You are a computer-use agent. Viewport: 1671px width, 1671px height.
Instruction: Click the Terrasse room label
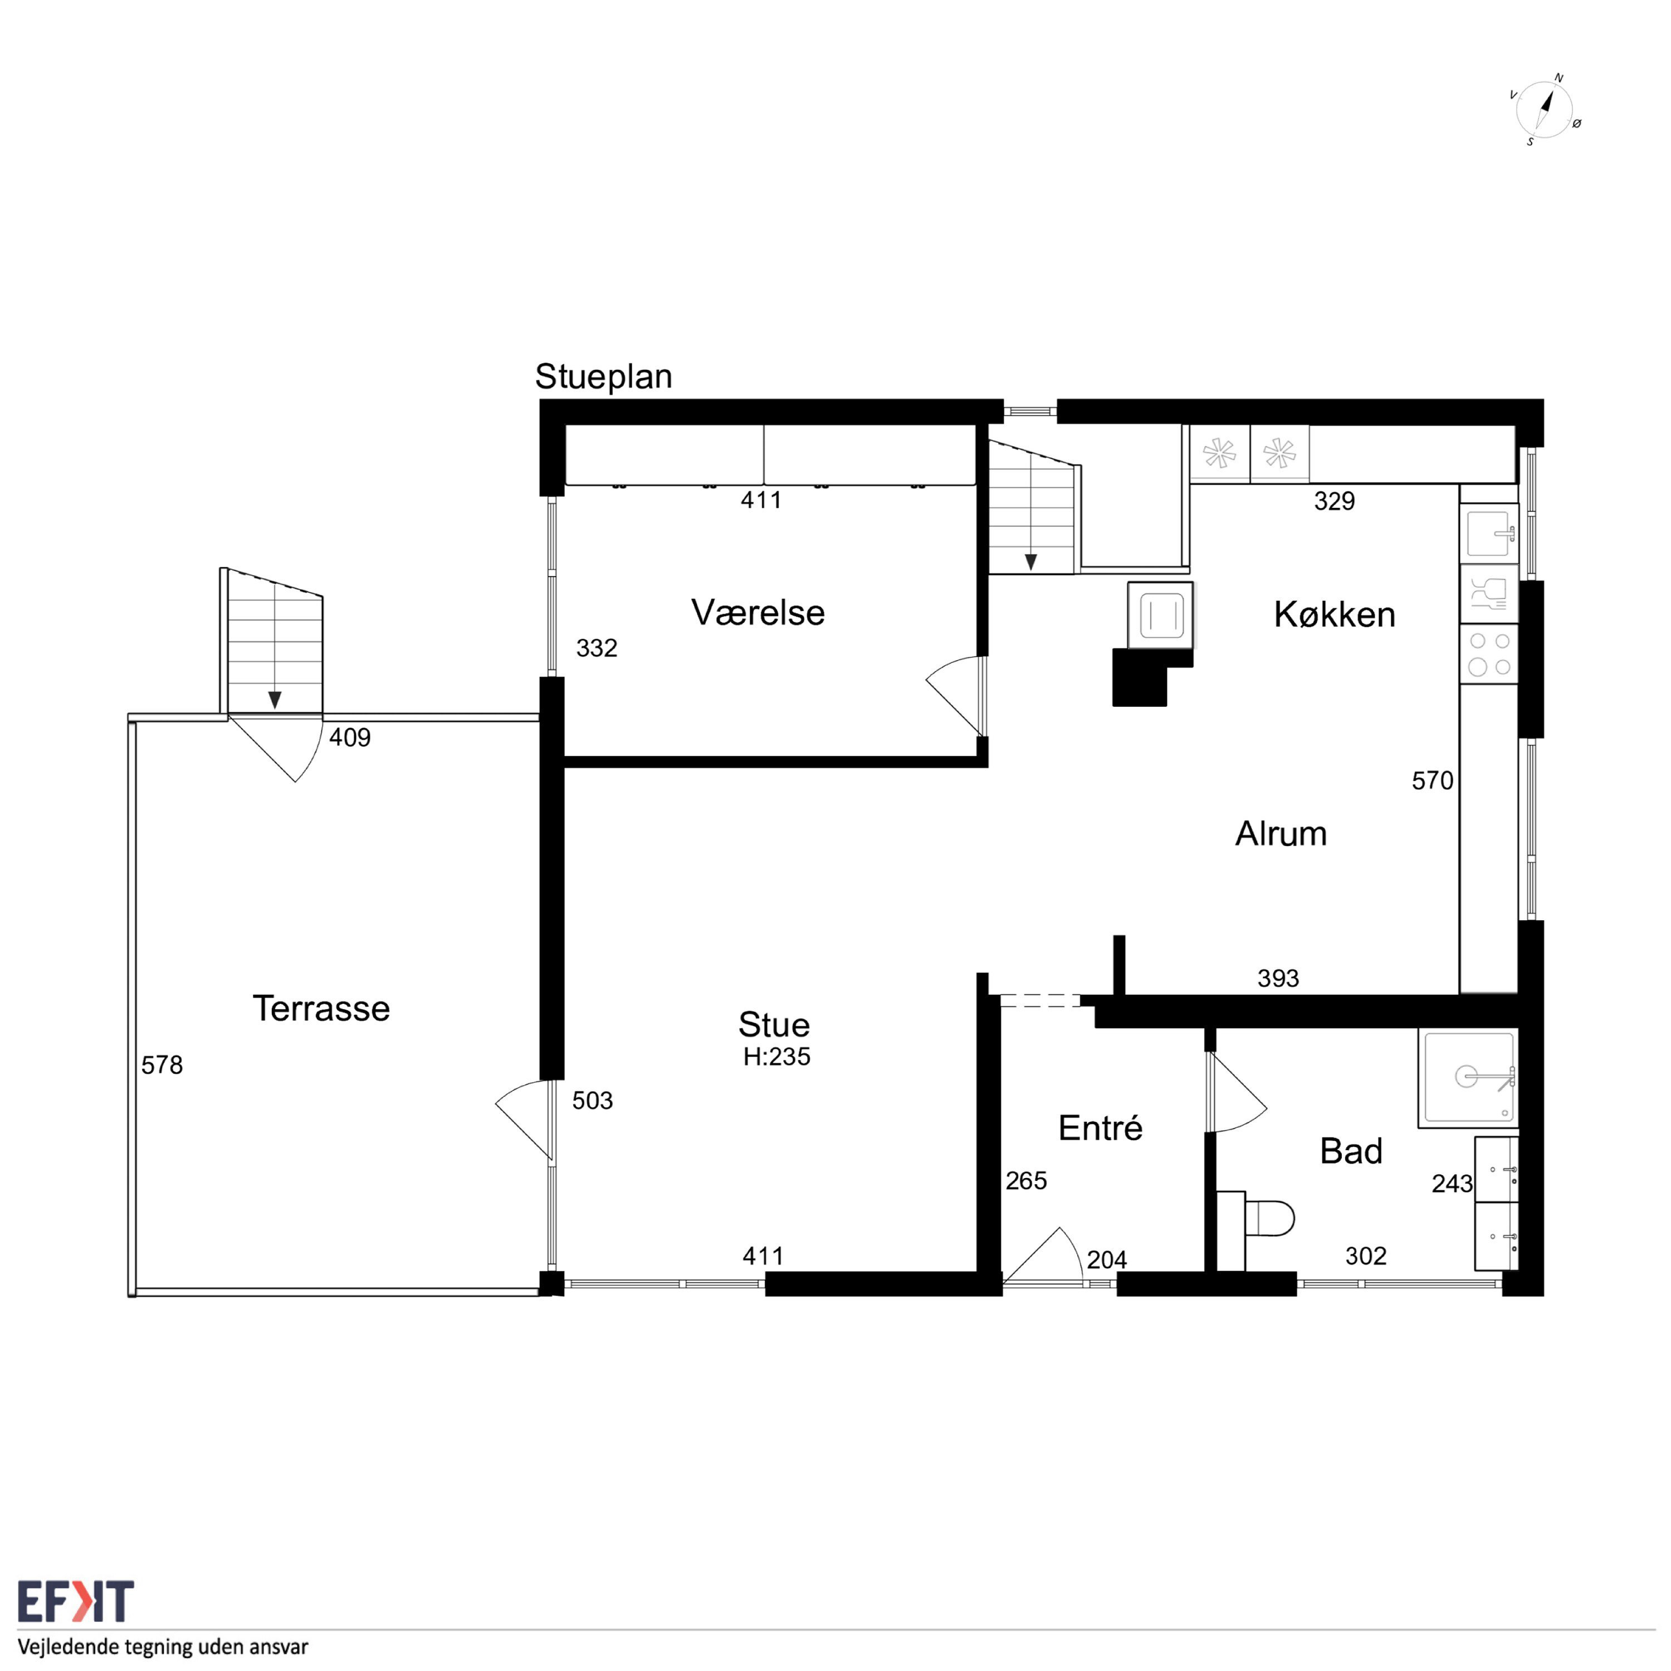tap(321, 1009)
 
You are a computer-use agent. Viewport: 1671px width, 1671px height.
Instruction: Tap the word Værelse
tap(758, 612)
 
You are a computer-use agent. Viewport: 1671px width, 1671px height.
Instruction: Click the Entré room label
tap(1100, 1128)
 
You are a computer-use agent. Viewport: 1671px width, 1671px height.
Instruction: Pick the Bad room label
tap(1351, 1151)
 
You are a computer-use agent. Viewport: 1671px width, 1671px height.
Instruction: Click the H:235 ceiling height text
tap(776, 1057)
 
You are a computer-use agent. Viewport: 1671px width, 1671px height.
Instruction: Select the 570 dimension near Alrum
tap(1432, 781)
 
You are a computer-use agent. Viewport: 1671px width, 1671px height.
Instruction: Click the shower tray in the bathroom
tap(1468, 1078)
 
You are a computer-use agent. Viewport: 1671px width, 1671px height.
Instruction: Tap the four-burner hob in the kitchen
tap(1489, 654)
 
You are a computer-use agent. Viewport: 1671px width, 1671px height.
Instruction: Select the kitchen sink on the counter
tap(1489, 533)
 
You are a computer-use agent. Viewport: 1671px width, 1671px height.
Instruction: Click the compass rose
tap(1545, 110)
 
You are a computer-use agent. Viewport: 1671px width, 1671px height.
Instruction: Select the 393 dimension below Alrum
tap(1278, 978)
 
